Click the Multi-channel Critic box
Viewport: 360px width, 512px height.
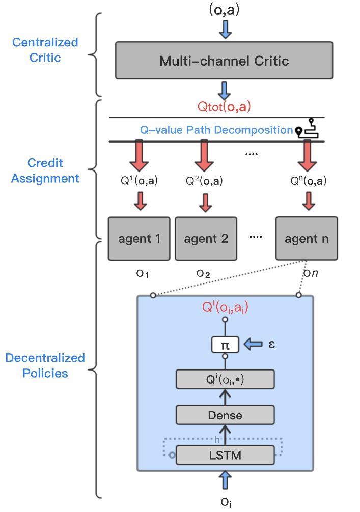[224, 62]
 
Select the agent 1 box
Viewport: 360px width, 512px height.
[139, 238]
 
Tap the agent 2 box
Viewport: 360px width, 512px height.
[206, 238]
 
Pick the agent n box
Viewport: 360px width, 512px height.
[306, 238]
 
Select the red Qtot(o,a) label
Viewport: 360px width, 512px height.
[225, 107]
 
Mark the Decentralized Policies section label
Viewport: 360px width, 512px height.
[45, 365]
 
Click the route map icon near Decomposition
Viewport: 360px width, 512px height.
[309, 128]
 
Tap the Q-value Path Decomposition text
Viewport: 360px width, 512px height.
[216, 130]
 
